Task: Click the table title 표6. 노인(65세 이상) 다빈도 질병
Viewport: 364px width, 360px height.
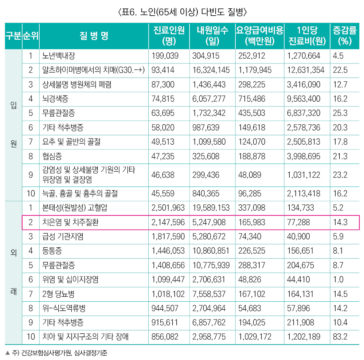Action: point(182,12)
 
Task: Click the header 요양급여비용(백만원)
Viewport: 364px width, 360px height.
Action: point(259,36)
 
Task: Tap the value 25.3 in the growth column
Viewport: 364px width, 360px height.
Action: point(340,113)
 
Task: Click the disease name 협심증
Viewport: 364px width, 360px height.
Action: point(52,156)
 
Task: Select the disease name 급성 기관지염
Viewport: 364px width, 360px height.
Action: point(63,236)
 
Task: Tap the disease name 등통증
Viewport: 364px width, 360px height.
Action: point(52,251)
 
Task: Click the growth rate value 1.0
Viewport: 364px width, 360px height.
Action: point(338,279)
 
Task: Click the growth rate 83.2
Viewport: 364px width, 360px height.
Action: point(340,337)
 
